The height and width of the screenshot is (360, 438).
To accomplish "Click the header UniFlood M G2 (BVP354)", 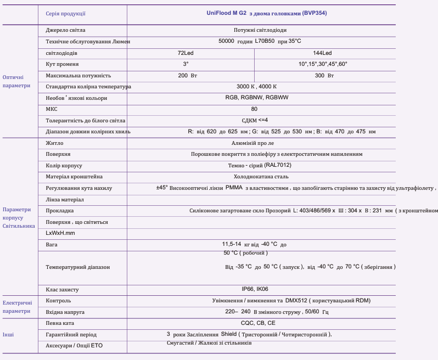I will pos(261,13).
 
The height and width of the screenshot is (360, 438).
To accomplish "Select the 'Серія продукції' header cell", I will pos(65,14).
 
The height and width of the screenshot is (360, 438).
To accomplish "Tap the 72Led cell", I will pos(186,53).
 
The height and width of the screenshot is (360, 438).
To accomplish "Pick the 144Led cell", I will pos(323,53).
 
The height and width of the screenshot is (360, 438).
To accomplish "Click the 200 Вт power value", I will pos(187,76).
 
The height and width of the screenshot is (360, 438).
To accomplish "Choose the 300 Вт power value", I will pos(324,76).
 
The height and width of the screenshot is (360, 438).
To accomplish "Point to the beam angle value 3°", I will pos(186,64).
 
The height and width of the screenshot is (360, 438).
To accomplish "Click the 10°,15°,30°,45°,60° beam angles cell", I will pos(323,64).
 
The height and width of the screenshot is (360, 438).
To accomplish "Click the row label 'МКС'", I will pos(52,109).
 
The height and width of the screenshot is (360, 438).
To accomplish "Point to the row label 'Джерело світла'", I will pos(65,30).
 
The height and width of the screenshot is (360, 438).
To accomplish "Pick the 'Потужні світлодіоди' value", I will pos(260,30).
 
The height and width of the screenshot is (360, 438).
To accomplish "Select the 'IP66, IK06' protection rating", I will pos(255,289).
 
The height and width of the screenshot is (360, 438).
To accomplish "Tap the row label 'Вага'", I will pos(52,244).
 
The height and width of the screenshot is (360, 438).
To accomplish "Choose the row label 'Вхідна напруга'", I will pos(65,312).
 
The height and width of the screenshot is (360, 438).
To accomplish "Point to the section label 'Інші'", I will pos(8,334).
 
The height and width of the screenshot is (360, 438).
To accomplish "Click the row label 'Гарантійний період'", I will pos(71,334).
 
